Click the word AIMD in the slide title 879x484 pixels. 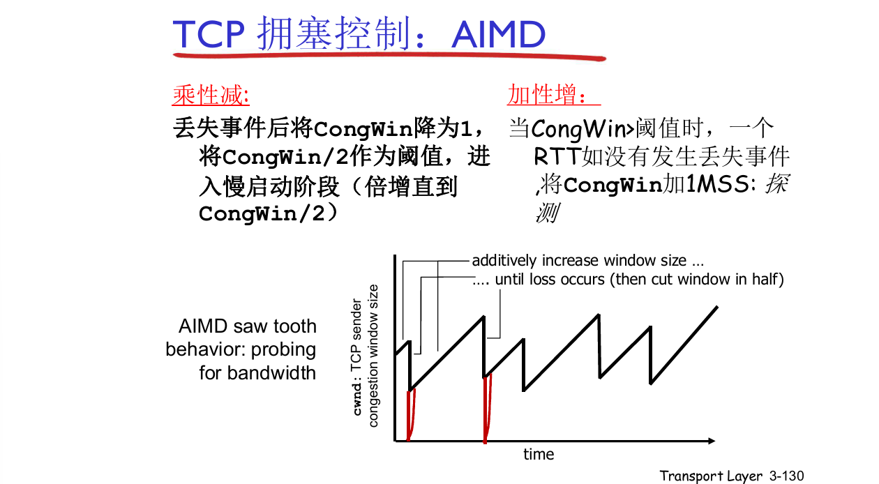(498, 34)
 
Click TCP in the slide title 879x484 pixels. (207, 34)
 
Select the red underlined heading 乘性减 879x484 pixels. (210, 93)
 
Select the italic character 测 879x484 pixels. (546, 213)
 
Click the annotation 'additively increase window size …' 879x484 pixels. (588, 261)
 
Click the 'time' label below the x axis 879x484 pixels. (539, 455)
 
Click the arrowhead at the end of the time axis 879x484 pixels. (711, 441)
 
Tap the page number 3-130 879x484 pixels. (786, 476)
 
